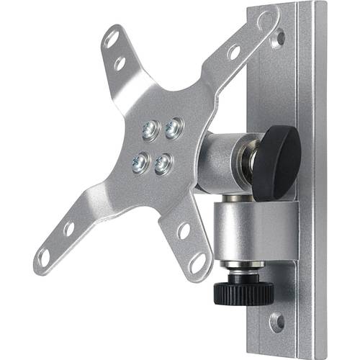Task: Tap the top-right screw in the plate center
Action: (x=174, y=129)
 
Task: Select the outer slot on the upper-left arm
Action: (x=111, y=39)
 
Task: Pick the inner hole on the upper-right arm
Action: (x=233, y=52)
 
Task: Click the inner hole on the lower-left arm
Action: (x=69, y=229)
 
